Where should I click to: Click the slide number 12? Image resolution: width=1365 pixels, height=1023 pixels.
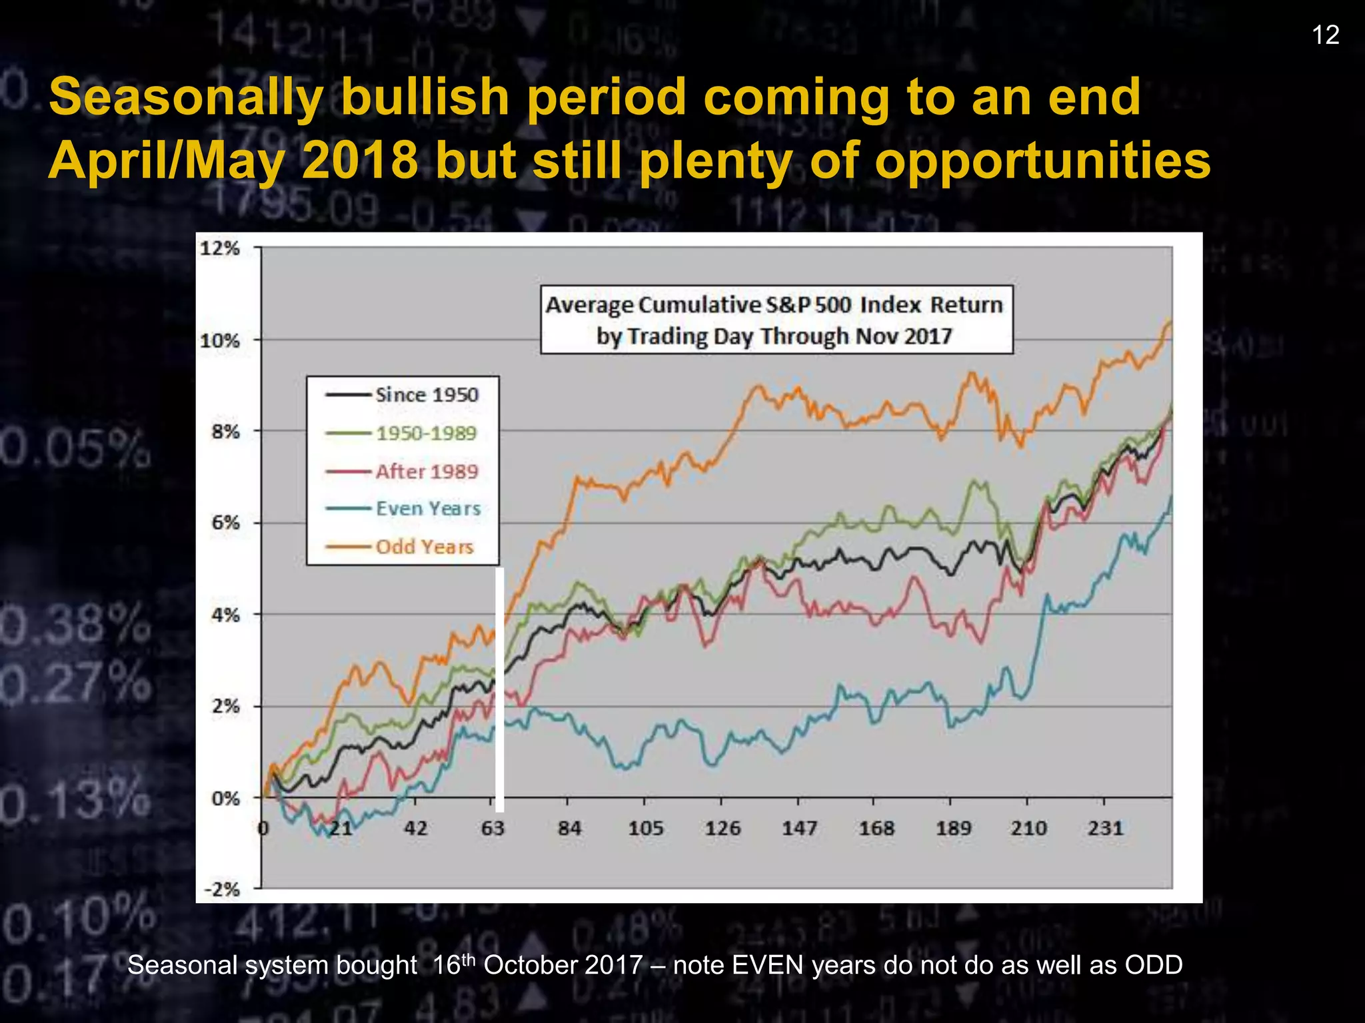[x=1326, y=35]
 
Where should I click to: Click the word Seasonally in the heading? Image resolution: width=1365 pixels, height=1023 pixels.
[x=186, y=97]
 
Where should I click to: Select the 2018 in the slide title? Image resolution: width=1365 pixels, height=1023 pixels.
[x=360, y=161]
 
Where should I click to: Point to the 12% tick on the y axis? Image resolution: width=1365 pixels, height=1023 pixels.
[x=220, y=248]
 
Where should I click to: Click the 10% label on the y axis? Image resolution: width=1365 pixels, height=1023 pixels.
[x=220, y=341]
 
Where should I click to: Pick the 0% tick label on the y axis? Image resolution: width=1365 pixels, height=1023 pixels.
[x=225, y=798]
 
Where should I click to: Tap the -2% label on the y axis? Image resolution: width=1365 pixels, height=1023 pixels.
[x=221, y=889]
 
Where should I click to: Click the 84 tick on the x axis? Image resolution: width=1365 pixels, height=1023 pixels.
[x=569, y=829]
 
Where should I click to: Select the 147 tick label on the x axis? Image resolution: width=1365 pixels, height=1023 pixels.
[x=799, y=829]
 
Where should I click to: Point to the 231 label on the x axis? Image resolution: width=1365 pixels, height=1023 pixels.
[x=1106, y=829]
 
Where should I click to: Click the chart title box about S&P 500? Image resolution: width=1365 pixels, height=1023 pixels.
[x=776, y=320]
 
